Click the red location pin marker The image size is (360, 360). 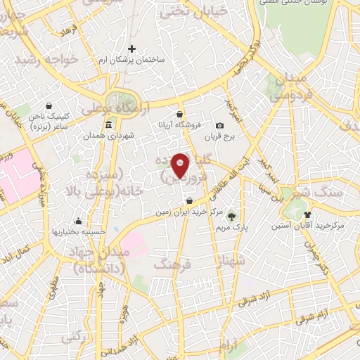(x=181, y=165)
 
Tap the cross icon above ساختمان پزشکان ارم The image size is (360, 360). (x=131, y=49)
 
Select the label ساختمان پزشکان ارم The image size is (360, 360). (x=131, y=60)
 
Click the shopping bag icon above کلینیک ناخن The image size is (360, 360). (x=47, y=105)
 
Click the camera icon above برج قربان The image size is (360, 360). (x=219, y=126)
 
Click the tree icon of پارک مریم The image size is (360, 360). (x=232, y=217)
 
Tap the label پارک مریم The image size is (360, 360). (x=232, y=228)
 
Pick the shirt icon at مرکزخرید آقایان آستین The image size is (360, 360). (x=307, y=213)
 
